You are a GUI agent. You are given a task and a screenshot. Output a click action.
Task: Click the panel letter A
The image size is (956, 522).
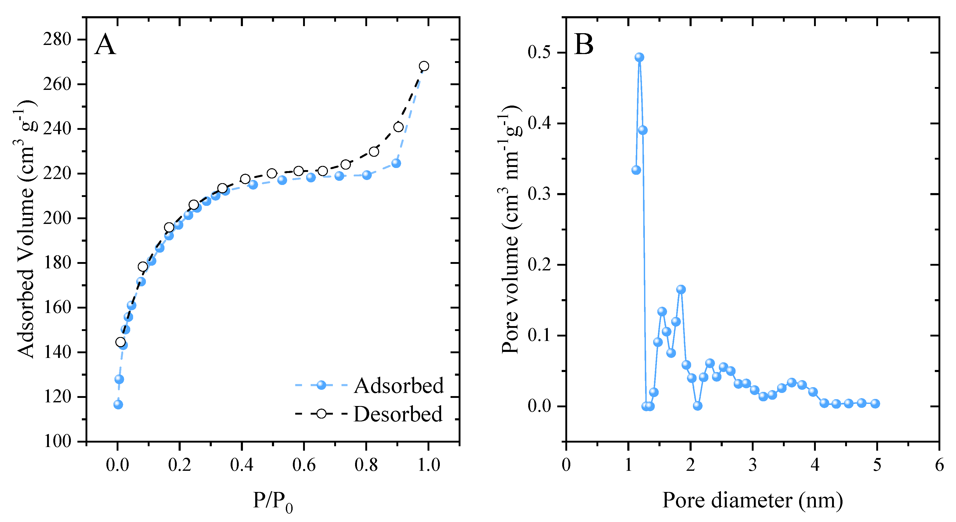(x=105, y=44)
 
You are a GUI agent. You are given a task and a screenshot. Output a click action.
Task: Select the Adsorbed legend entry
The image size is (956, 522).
(x=399, y=386)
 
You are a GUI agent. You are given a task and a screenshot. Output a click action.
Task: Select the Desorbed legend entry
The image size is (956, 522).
(x=398, y=414)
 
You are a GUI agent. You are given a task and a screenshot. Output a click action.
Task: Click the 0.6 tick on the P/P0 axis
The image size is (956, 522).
(x=304, y=465)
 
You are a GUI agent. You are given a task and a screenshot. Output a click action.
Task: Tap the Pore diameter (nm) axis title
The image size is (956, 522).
(x=752, y=501)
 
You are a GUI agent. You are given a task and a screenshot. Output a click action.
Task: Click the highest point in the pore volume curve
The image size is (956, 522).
(x=639, y=57)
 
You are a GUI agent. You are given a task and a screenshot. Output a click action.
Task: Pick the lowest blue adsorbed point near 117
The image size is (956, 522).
(x=118, y=404)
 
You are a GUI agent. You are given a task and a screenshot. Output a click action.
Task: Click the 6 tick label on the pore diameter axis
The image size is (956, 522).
(x=939, y=465)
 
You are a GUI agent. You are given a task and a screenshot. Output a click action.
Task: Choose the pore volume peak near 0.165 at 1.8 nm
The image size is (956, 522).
(x=681, y=289)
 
